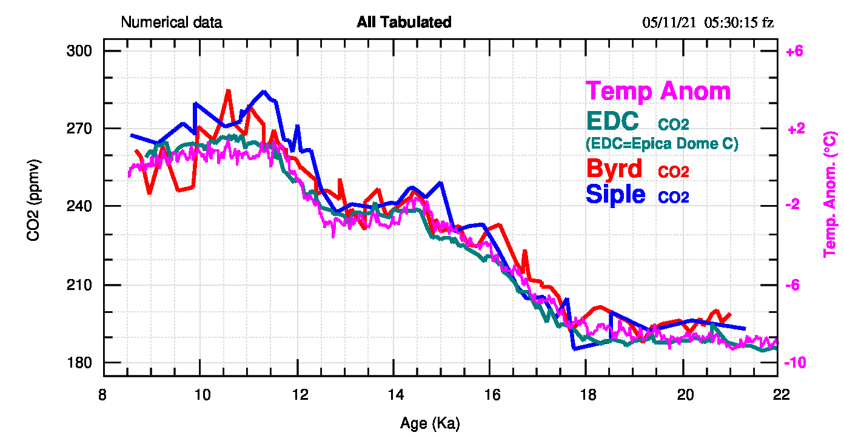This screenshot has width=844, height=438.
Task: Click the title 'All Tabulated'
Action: (404, 23)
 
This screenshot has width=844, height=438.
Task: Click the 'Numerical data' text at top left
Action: (172, 23)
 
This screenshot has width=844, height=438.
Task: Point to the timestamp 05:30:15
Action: (732, 23)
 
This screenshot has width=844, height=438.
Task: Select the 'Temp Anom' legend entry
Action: (658, 92)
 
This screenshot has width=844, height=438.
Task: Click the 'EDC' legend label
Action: (614, 121)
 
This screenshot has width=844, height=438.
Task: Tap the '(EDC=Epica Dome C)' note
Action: (661, 144)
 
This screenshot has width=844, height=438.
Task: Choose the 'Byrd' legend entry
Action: (614, 168)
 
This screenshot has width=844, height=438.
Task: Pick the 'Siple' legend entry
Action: (615, 194)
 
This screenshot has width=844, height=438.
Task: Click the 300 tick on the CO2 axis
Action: (79, 52)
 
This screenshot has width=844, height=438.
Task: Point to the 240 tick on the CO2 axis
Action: (79, 207)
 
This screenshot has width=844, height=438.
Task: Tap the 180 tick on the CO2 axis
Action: (79, 363)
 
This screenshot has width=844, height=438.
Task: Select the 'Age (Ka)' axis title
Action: (434, 423)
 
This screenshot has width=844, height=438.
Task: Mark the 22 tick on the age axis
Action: (781, 394)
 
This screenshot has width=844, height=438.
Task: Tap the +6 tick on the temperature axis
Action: (794, 52)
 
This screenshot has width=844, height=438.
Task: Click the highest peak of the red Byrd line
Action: (229, 90)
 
